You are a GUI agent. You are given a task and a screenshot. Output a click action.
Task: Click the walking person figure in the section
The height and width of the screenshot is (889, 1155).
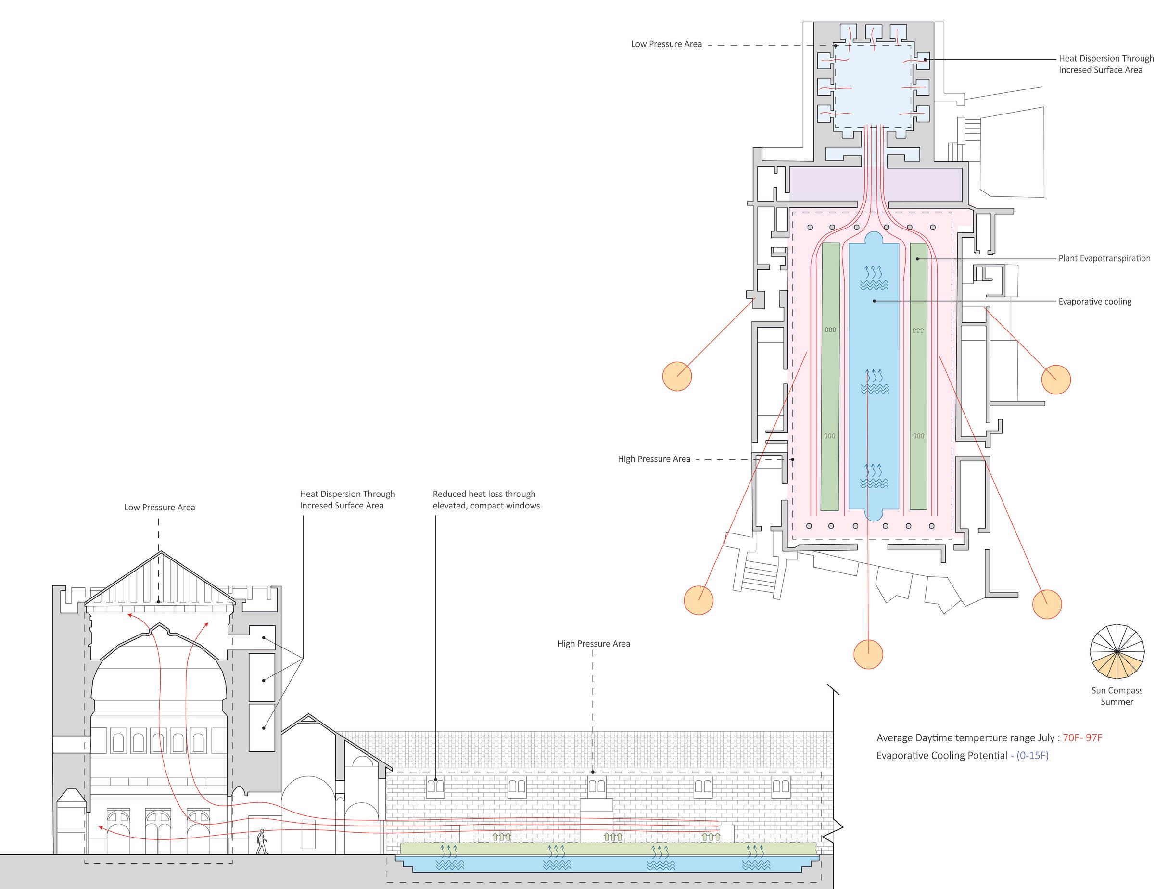[x=262, y=841]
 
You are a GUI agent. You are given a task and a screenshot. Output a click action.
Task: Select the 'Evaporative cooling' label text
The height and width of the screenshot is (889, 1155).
[x=1095, y=302]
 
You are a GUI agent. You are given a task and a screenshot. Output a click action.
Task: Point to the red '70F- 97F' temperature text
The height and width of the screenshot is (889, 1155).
[x=1082, y=737]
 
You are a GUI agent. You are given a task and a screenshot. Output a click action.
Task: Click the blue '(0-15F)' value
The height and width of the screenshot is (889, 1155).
[x=1032, y=755]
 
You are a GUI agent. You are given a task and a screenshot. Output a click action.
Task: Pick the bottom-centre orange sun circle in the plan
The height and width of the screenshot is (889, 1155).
[x=868, y=654]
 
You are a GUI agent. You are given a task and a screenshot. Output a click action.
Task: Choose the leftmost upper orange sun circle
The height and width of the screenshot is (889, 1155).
[x=677, y=376]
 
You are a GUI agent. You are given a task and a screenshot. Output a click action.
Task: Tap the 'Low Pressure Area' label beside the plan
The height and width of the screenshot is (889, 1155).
[x=666, y=44]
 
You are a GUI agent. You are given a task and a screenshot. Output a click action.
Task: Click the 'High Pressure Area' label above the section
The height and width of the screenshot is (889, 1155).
[x=593, y=644]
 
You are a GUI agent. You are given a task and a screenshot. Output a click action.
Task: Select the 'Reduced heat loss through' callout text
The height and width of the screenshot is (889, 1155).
[x=484, y=494]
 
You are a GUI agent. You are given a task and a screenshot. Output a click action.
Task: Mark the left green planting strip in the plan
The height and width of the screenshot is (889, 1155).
[x=830, y=377]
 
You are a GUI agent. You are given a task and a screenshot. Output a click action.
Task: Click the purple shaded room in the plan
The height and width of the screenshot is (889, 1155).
[x=875, y=184]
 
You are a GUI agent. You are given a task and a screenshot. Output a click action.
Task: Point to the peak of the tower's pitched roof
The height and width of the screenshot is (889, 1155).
[x=161, y=553]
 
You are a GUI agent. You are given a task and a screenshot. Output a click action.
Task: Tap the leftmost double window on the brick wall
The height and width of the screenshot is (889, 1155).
[x=435, y=787]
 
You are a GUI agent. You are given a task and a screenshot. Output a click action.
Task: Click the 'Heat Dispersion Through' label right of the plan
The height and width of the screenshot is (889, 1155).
[x=1106, y=58]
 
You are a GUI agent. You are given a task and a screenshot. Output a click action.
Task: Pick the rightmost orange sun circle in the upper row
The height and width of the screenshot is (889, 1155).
[x=1055, y=379]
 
